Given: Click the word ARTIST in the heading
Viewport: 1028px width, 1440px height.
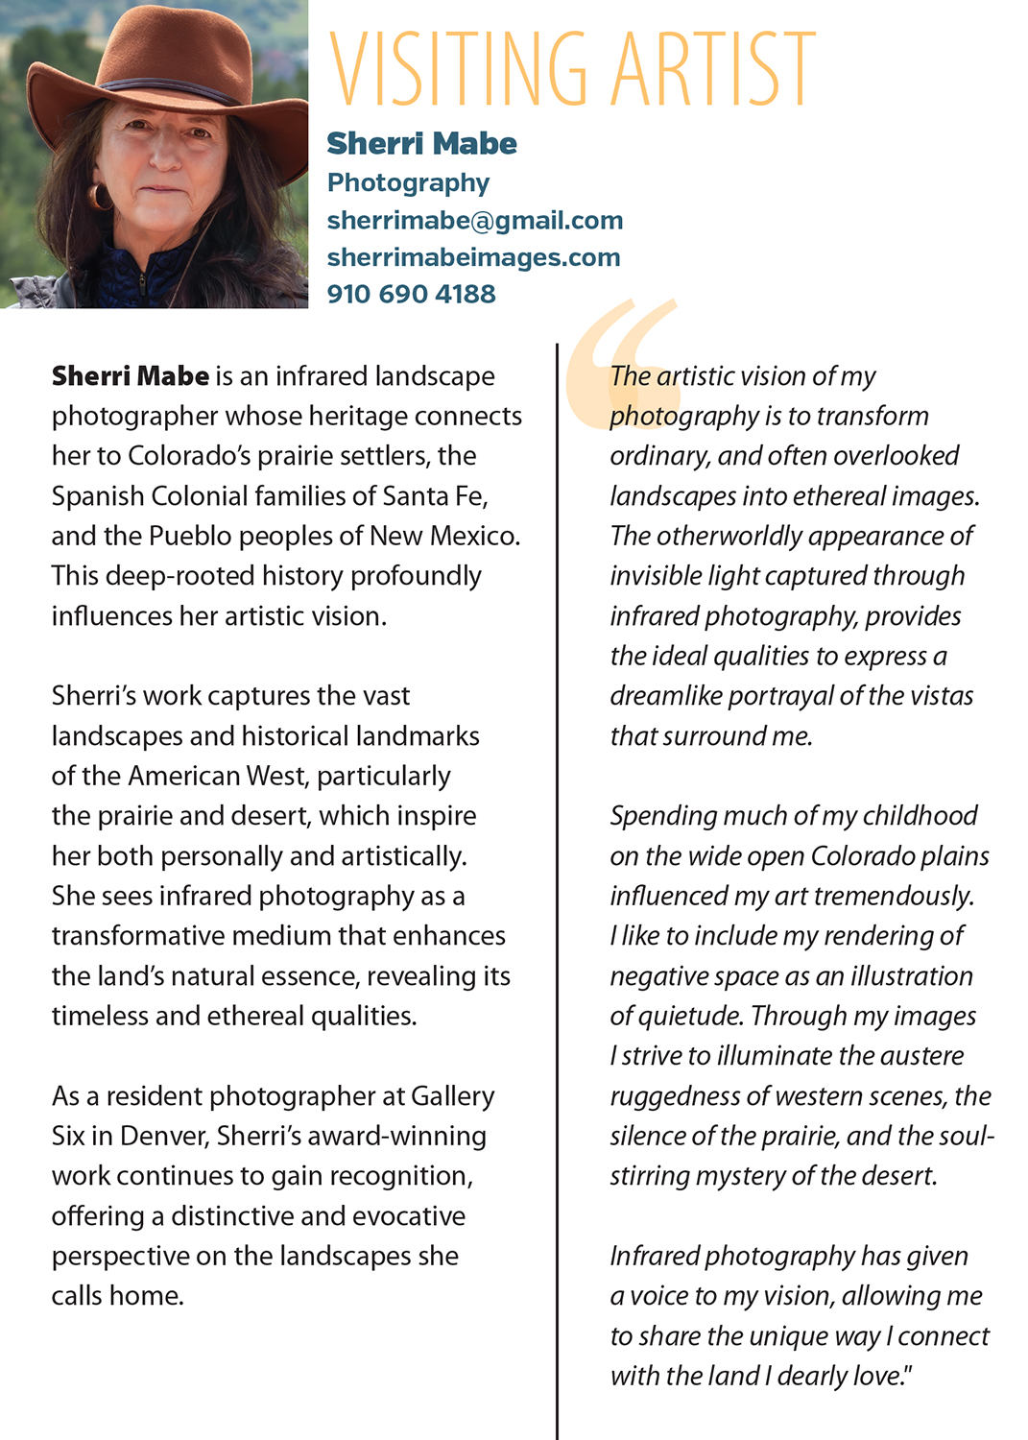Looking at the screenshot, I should click(x=714, y=68).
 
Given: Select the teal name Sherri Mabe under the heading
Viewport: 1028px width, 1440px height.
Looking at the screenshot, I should click(x=421, y=144).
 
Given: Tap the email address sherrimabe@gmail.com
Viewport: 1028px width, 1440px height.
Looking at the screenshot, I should click(x=474, y=221).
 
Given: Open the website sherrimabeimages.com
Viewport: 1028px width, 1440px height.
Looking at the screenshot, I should click(x=473, y=257).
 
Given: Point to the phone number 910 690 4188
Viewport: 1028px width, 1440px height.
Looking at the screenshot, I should click(x=411, y=294).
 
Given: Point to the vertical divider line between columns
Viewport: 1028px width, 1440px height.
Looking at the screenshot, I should click(x=557, y=864).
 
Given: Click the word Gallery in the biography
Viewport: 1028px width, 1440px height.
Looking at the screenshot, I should click(x=452, y=1096).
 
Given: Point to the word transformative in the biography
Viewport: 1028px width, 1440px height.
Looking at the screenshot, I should click(x=144, y=936).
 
